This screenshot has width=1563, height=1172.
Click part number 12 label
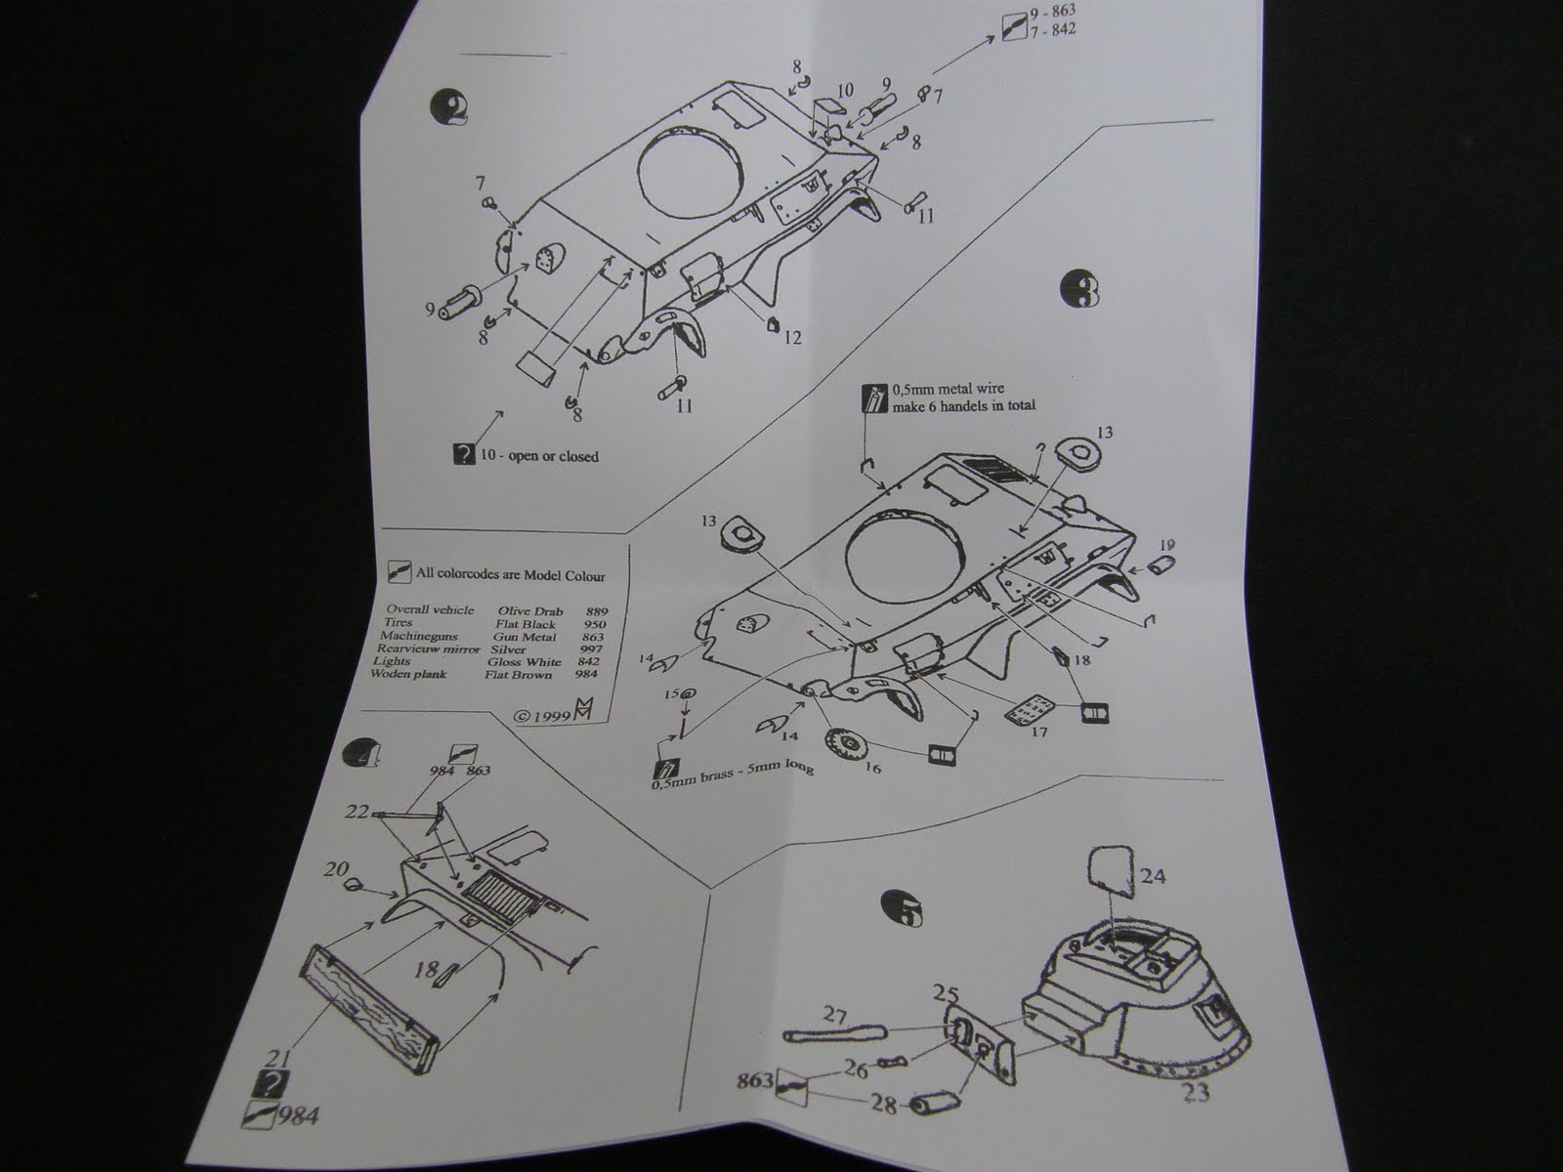tap(791, 338)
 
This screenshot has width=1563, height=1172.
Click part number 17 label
tap(1038, 730)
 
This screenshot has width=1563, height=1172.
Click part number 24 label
tap(1153, 876)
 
